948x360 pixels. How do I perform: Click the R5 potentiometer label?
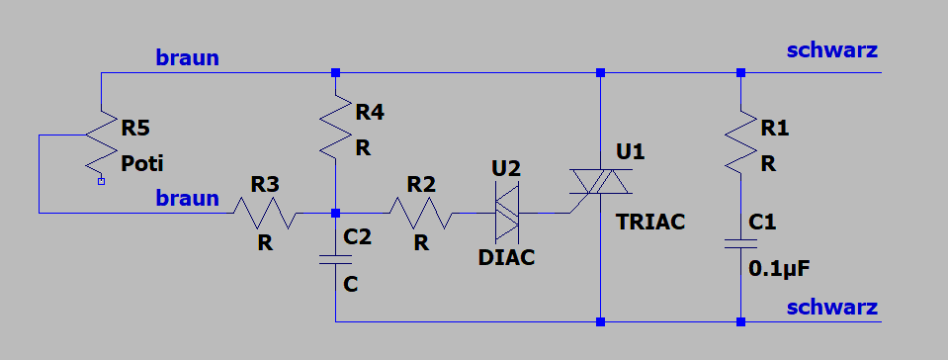pos(135,129)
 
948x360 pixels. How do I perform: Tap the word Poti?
pos(142,163)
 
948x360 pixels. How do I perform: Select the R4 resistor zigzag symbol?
pos(336,127)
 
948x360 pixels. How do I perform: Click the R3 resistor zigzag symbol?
pos(265,213)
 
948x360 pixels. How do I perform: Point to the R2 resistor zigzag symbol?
pos(421,213)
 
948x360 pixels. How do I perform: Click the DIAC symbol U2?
pos(507,213)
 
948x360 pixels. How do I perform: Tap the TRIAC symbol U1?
pos(600,182)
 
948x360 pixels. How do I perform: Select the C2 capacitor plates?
pos(336,259)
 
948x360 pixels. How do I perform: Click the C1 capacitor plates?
pos(741,244)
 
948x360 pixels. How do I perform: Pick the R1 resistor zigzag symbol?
pos(741,141)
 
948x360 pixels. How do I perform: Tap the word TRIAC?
pos(650,223)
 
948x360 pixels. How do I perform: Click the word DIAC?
pos(507,258)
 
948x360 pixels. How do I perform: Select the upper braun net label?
pos(188,58)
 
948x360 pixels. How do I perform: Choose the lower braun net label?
pos(188,198)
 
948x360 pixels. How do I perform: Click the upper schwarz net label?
pos(832,50)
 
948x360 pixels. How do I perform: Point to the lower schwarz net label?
pos(832,308)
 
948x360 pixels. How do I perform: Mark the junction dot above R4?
pos(336,72)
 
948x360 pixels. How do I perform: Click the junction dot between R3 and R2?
pos(336,213)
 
